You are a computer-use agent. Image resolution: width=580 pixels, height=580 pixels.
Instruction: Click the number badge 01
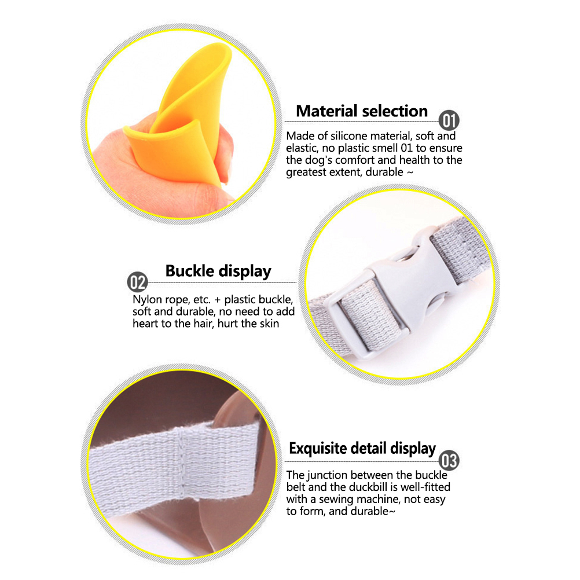click(x=449, y=120)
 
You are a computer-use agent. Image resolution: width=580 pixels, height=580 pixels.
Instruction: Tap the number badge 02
click(x=138, y=282)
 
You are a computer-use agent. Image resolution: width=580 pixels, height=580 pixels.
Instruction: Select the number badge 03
click(x=449, y=461)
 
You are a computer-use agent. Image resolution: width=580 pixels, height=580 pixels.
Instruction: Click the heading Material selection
click(x=362, y=111)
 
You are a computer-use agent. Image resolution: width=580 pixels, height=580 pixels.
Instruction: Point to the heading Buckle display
click(x=218, y=271)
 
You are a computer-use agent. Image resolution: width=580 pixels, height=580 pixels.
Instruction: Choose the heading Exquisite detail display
click(x=362, y=449)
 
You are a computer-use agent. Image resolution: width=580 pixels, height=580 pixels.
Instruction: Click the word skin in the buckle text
click(x=269, y=324)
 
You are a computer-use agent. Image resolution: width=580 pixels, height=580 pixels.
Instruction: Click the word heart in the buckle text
click(x=146, y=324)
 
